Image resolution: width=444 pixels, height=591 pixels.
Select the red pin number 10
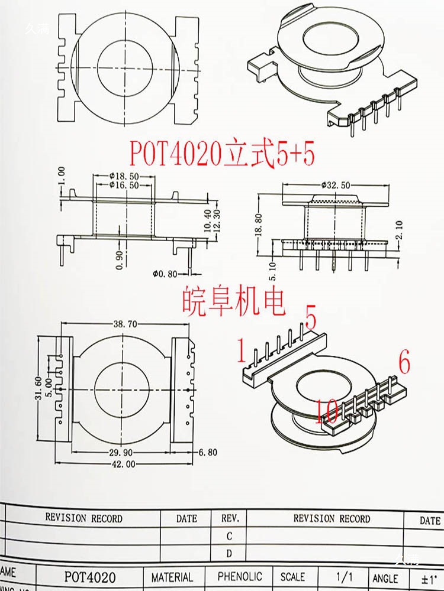pos(327,410)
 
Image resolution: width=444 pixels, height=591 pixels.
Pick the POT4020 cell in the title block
pos(90,577)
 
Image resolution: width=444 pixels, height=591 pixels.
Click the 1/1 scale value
pos(343,576)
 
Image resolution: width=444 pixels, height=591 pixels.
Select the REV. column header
pos(230,518)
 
